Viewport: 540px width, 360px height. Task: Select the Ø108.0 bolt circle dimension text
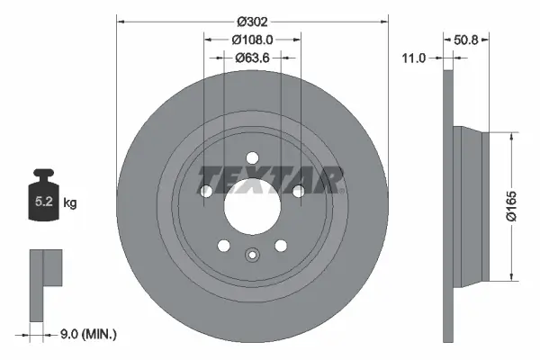tap(252, 40)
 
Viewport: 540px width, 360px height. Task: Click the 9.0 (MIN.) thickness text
tap(86, 335)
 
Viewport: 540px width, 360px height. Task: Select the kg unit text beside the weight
tap(70, 203)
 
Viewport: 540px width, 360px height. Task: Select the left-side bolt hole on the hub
tap(206, 191)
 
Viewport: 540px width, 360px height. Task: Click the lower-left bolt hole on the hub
tap(224, 245)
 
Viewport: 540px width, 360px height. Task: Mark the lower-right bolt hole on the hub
tap(281, 245)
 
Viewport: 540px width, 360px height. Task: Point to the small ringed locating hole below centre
tap(252, 255)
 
